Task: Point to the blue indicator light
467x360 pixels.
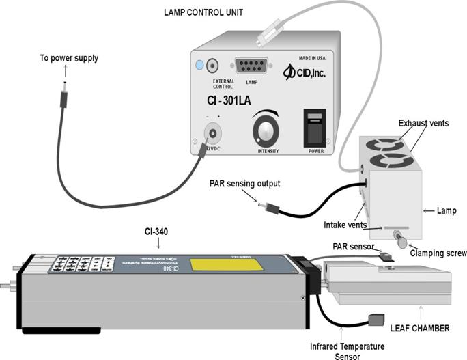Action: tap(200, 66)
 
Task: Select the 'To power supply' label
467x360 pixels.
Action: tap(68, 58)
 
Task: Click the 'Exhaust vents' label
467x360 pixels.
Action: tap(423, 123)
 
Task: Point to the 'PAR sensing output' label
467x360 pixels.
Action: tap(245, 182)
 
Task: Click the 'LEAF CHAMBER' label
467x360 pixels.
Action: tap(419, 328)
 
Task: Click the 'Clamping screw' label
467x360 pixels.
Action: tap(438, 253)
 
